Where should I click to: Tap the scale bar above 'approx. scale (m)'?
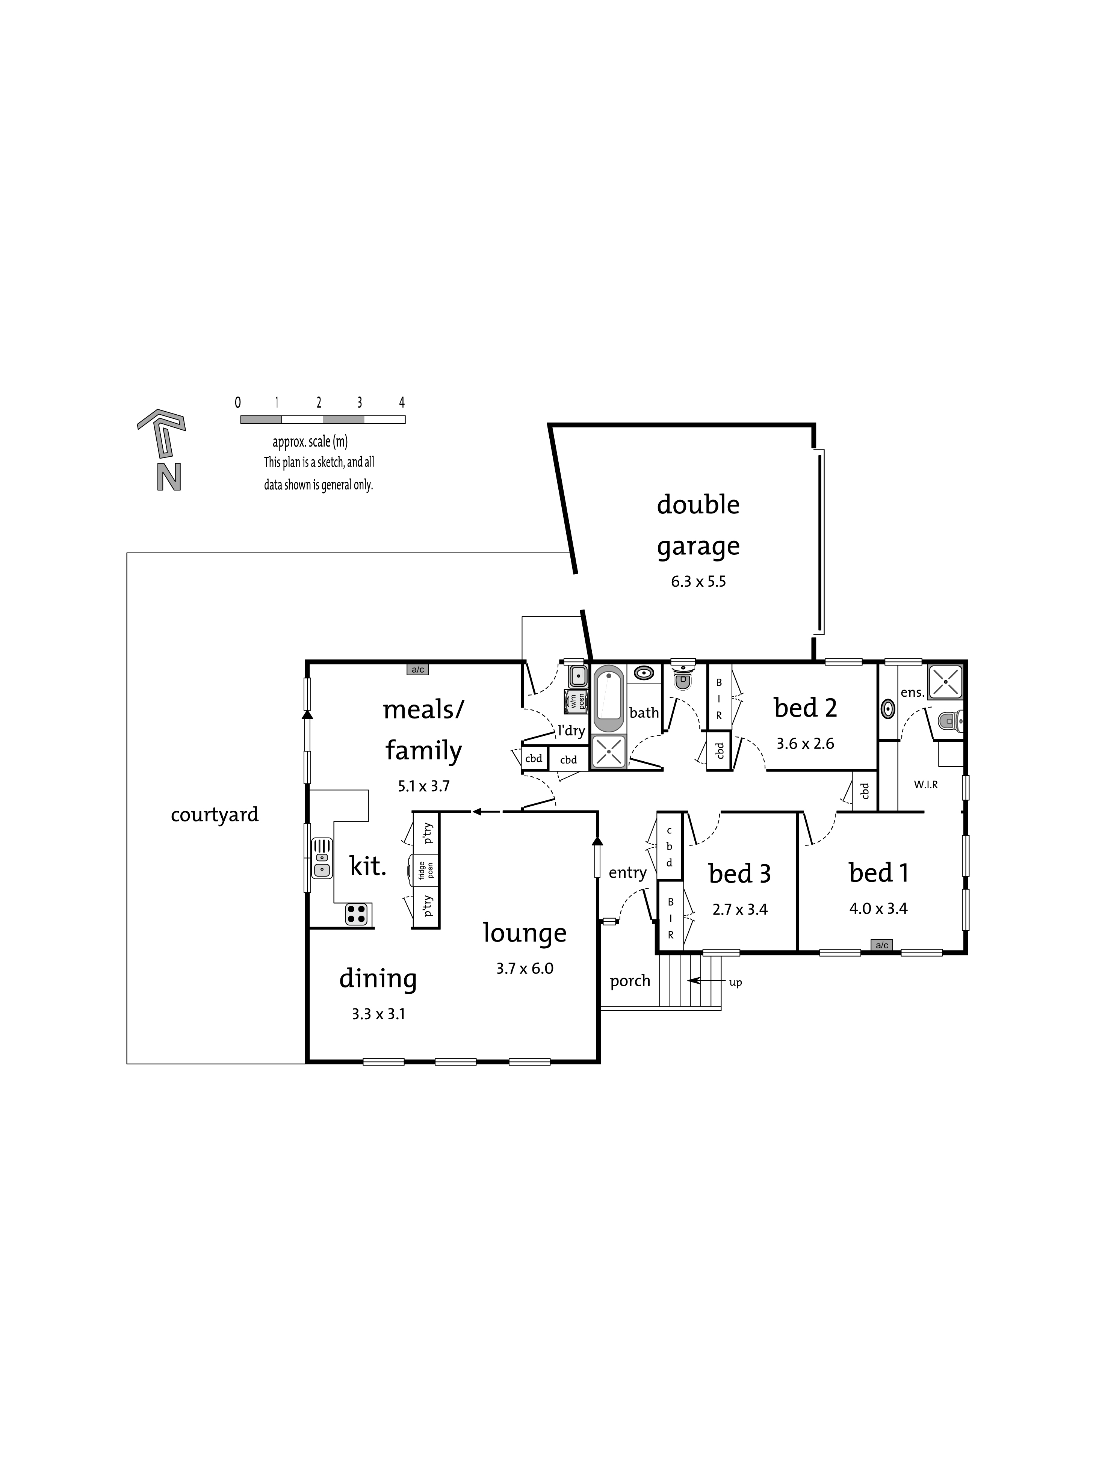point(322,420)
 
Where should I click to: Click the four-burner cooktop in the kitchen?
point(356,914)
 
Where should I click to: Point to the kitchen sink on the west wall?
point(322,859)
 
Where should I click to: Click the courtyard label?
point(215,815)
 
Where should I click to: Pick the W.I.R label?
point(925,785)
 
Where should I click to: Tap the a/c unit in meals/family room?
point(417,670)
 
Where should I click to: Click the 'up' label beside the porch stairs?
point(735,983)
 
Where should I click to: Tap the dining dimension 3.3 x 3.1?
point(378,1014)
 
